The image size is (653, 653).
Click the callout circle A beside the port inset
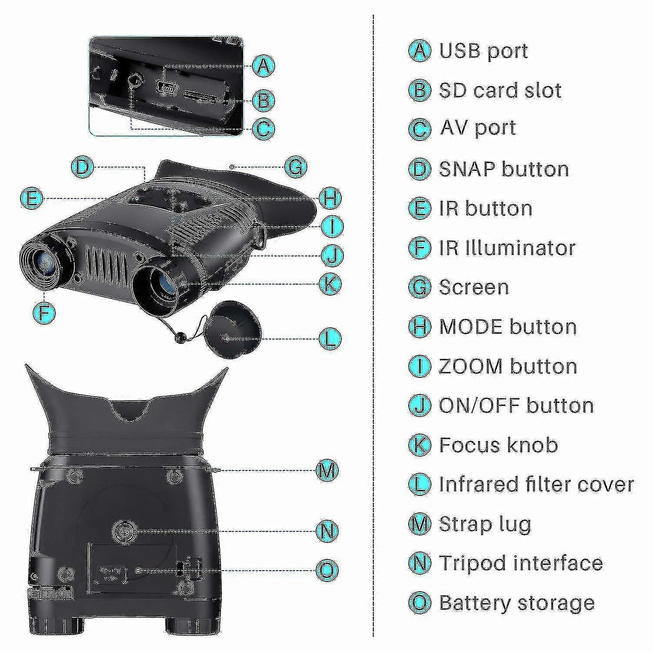(263, 67)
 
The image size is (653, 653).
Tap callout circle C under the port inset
(263, 128)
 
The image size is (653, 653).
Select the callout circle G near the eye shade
(295, 167)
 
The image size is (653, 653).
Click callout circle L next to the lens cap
(330, 338)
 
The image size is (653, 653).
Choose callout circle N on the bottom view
(327, 531)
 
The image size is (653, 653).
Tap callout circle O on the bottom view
(327, 569)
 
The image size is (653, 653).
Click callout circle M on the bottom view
(327, 470)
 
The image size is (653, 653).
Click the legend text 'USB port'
(484, 51)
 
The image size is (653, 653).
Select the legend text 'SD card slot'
(500, 91)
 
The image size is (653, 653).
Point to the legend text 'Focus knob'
(498, 445)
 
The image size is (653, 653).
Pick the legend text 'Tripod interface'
(521, 563)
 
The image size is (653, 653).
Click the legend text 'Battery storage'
(517, 603)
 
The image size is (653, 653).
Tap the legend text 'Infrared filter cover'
(536, 484)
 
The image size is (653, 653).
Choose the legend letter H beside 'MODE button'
(420, 326)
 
